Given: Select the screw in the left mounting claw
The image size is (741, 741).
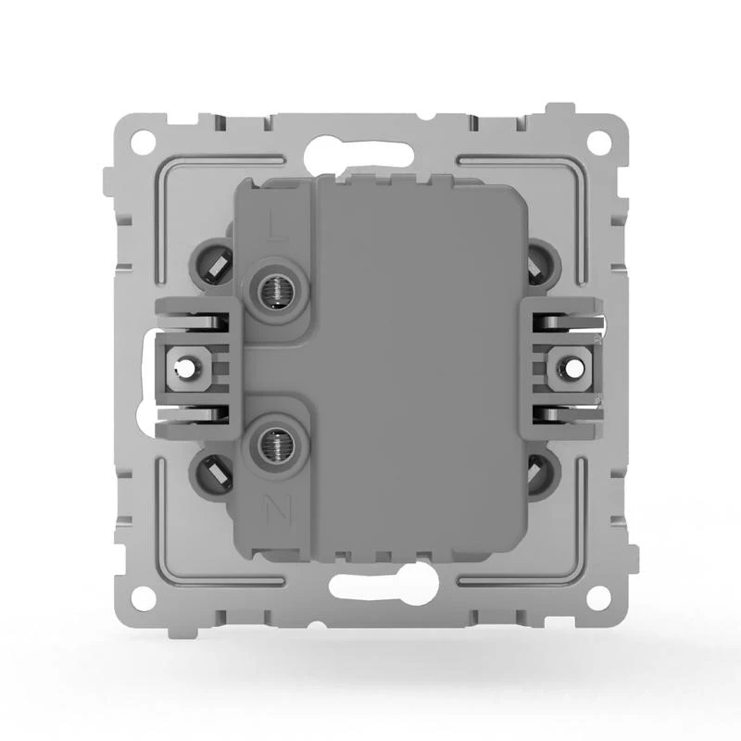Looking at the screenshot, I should pos(188,369).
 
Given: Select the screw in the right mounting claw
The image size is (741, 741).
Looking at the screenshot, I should pos(567,369).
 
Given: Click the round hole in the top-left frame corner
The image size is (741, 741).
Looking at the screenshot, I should pos(142,143).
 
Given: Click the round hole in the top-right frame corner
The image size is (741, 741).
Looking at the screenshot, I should pos(600,143).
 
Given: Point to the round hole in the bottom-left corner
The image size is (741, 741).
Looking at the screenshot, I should pos(142,597).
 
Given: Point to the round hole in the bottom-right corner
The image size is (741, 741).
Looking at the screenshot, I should pos(600,597).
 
